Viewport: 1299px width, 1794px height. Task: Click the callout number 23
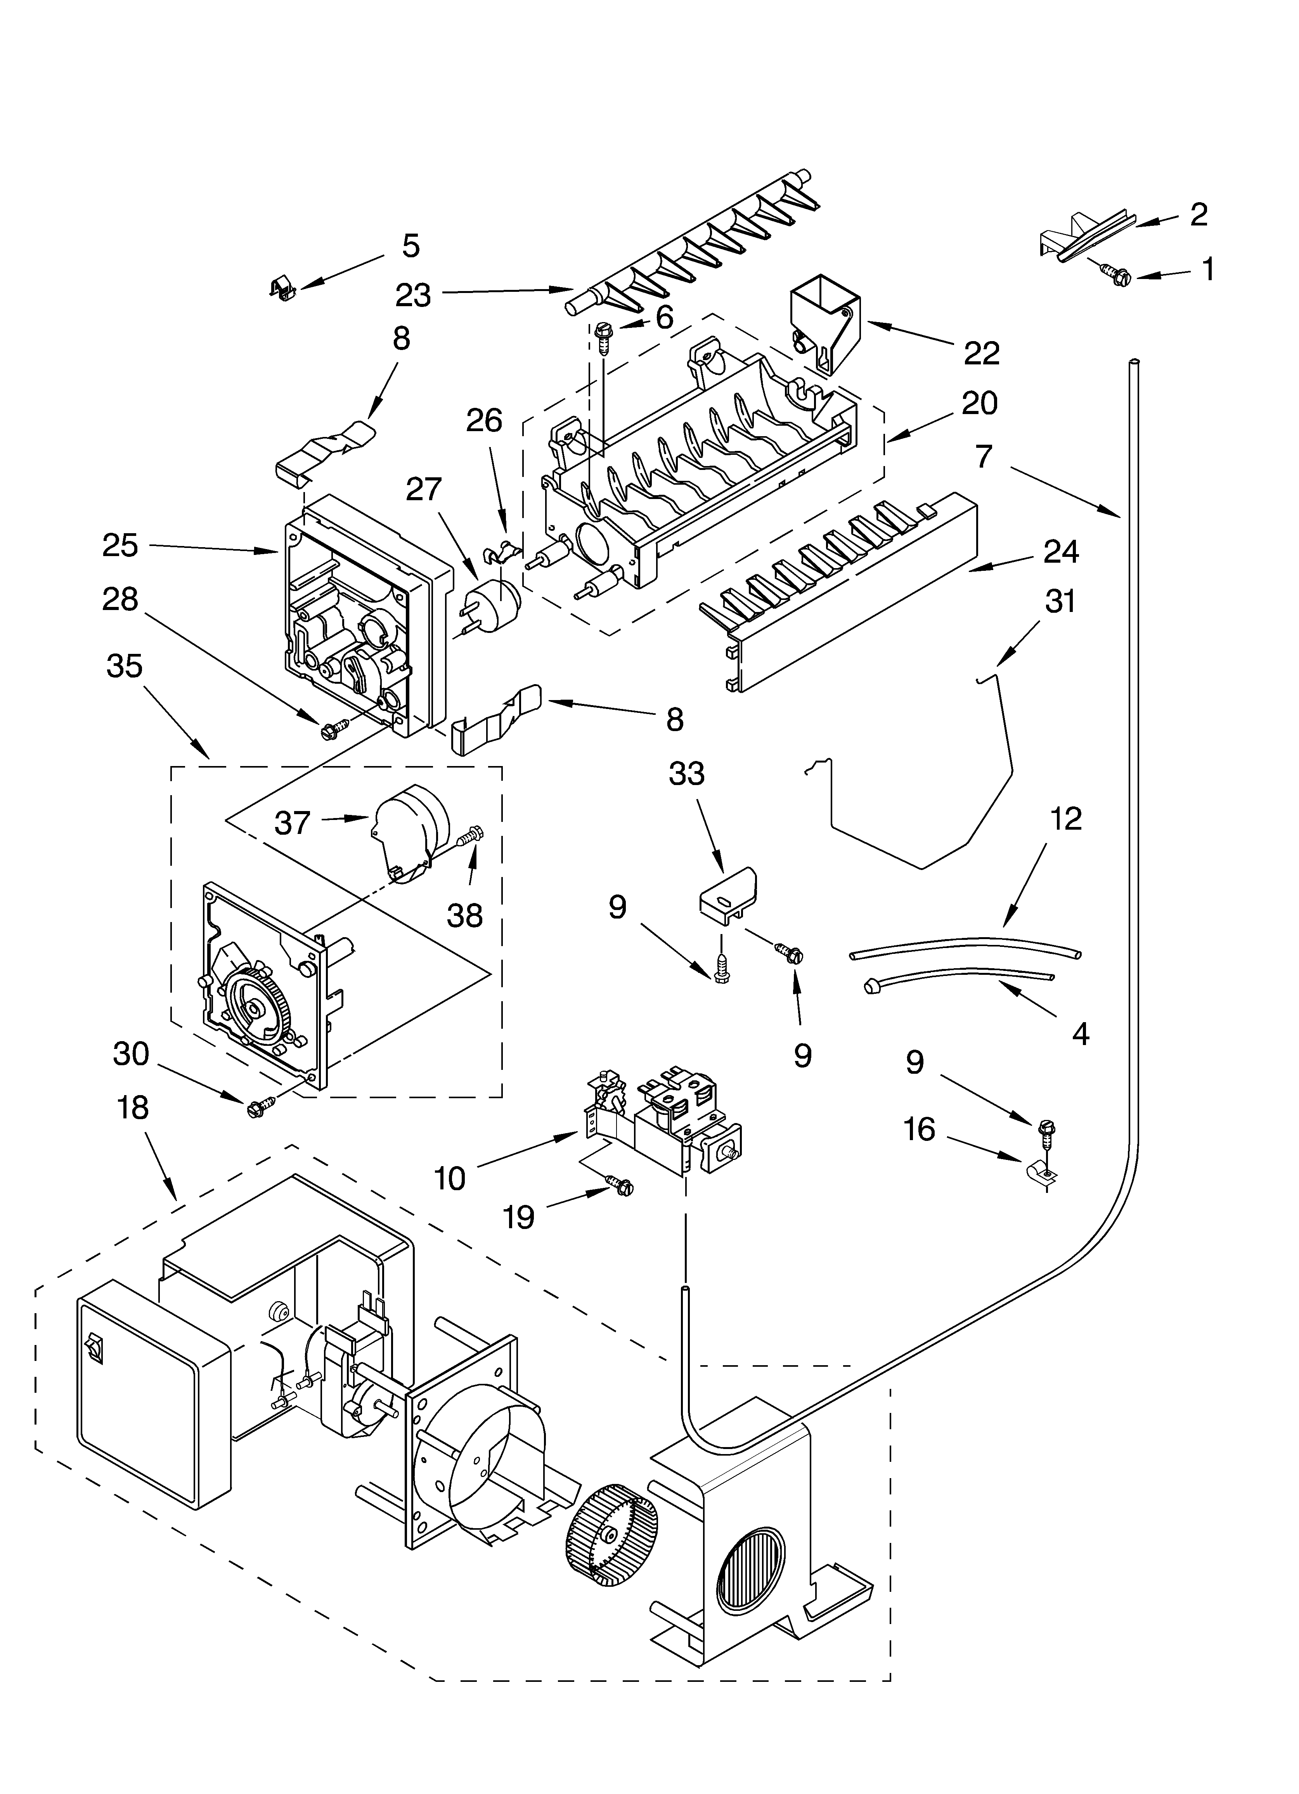[x=413, y=295]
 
